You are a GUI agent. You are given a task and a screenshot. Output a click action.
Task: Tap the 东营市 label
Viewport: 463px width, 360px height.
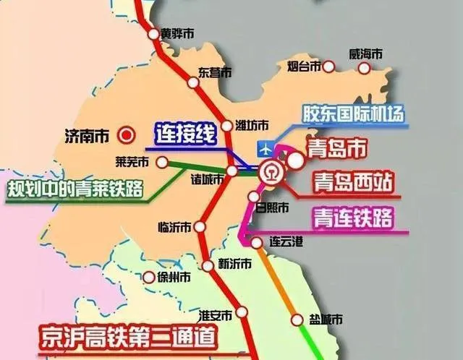215,72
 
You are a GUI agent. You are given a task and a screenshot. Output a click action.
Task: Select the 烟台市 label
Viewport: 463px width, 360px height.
300,67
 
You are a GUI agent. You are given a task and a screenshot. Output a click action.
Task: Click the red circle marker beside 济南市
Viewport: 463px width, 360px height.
127,134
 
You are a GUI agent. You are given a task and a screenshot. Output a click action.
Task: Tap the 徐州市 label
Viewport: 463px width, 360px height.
175,277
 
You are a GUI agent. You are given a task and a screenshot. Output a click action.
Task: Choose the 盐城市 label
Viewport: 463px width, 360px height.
325,319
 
